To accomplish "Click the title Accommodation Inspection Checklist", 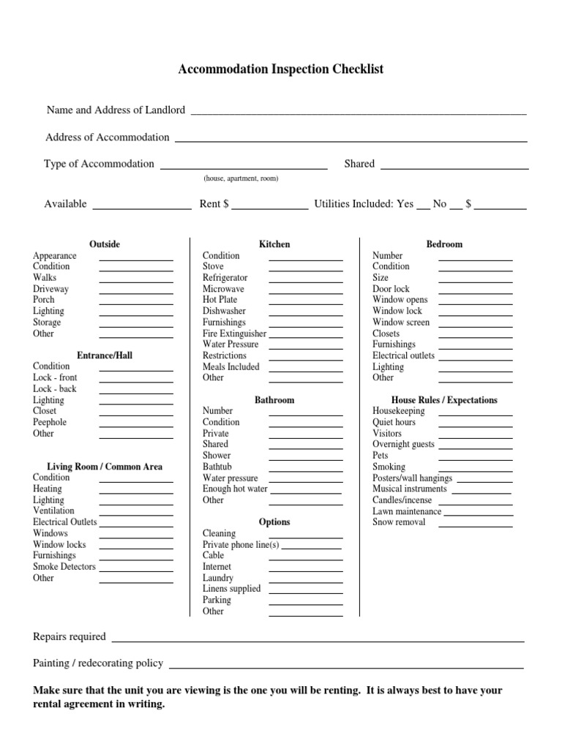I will coord(281,69).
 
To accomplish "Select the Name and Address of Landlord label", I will coord(116,110).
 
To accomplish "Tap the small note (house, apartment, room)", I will coord(241,178).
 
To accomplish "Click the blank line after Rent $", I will coord(270,208).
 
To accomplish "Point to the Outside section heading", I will coord(105,244).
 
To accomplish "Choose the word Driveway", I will coord(50,289).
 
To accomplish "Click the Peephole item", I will coord(50,422).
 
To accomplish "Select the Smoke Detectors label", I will coord(64,566).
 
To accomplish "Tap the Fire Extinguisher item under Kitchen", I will coord(234,334).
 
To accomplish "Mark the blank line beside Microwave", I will coord(306,293).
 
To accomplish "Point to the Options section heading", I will coord(274,522).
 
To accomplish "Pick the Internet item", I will coord(217,566).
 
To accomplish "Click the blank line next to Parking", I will coord(306,603).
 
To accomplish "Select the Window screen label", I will coord(401,322).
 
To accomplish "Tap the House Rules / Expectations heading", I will coord(444,400).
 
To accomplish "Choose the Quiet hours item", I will coord(394,422).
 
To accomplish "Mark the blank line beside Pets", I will coord(476,459).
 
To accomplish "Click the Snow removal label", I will coord(399,522).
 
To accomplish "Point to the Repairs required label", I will coord(70,636).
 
